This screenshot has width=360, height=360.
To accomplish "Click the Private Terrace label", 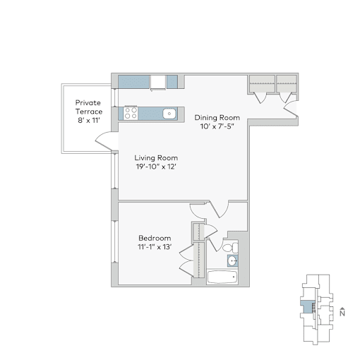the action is coord(89,107).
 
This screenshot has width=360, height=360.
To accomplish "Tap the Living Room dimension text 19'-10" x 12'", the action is coord(156,167).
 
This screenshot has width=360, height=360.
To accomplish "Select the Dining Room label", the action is coord(217,117).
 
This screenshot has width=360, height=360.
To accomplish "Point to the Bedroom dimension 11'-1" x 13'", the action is coord(155,247).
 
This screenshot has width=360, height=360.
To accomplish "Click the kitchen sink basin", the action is coord(169,114).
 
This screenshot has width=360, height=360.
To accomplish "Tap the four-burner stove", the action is coord(131,114).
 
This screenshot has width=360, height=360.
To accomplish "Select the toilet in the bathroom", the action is coord(230,247).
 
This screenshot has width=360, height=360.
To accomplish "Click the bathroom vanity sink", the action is coord(233,260).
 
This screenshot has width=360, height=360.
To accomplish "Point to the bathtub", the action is coord(222,277).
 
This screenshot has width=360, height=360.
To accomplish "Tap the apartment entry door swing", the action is coord(290,109).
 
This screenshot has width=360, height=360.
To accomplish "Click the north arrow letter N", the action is coord(342,313).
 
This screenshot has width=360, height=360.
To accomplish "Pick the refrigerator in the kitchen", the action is coord(158,82).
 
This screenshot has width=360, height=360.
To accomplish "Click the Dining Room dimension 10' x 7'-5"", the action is coord(217,126).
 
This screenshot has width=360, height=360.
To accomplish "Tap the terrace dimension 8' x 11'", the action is coord(89,121).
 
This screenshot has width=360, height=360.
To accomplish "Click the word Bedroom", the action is coord(155,238).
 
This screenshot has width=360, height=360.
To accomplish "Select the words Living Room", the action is coord(156,157).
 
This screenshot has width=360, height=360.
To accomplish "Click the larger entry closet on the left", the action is coord(262,84).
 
